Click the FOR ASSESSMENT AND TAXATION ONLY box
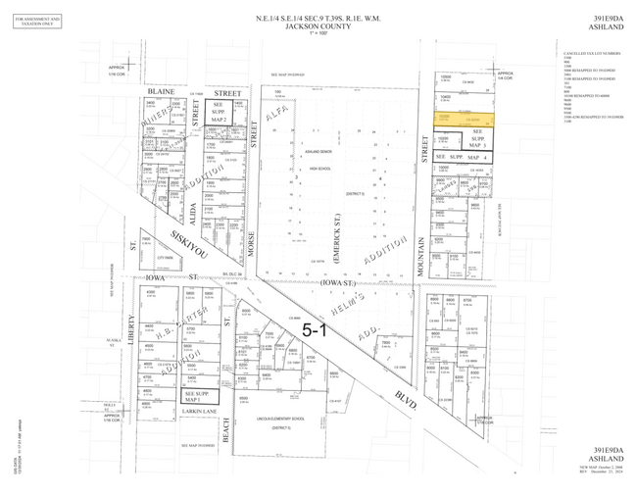37,22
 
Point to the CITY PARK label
165,258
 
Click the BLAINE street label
161,91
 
